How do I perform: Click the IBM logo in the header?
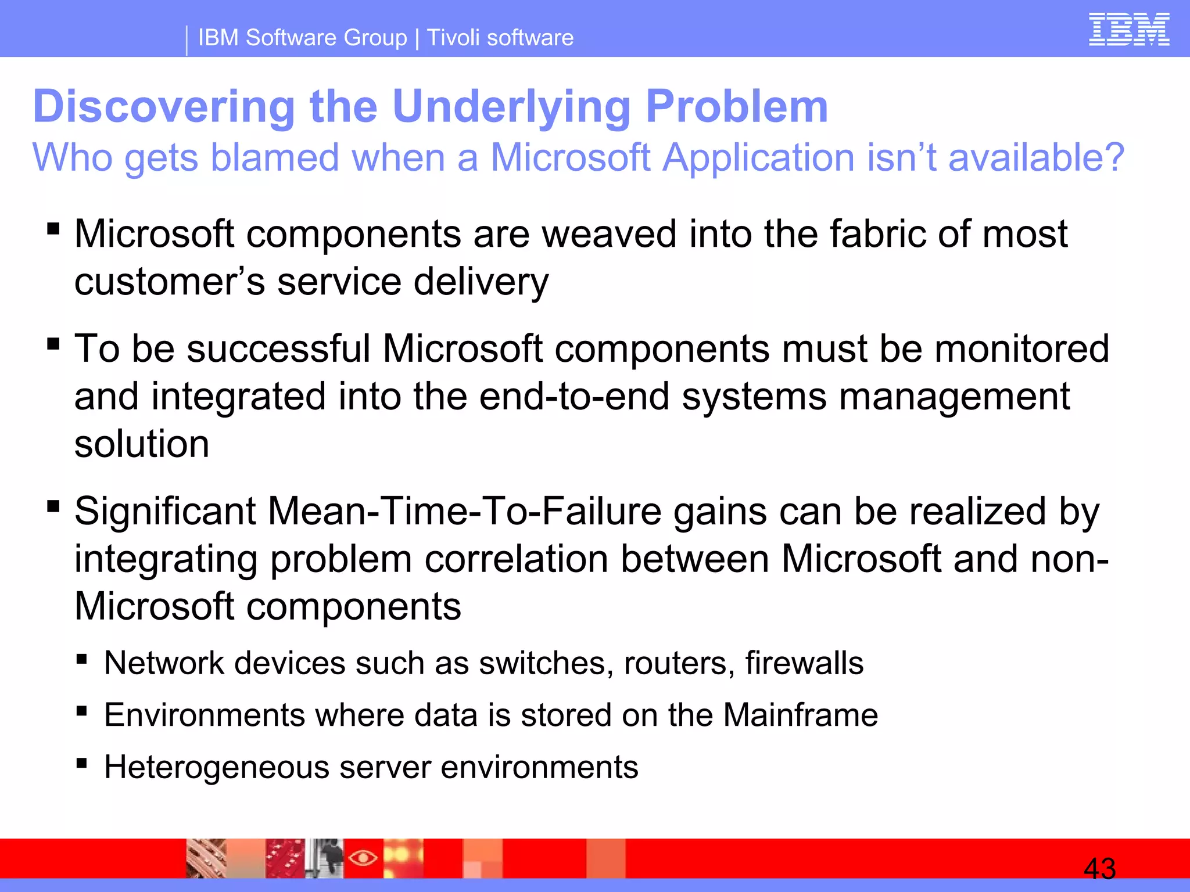(x=1128, y=30)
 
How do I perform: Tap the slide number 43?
(x=1099, y=869)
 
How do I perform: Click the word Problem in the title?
(x=737, y=107)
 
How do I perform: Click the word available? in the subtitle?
(x=1036, y=158)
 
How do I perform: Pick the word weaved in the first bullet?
(x=610, y=235)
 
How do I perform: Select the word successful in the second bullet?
(x=278, y=349)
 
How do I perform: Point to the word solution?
(x=142, y=444)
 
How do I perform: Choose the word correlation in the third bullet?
(x=517, y=559)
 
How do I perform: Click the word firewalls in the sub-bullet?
(x=804, y=663)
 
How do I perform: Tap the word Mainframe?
(x=800, y=715)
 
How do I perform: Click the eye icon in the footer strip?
(x=363, y=857)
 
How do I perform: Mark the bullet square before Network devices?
(x=81, y=659)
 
